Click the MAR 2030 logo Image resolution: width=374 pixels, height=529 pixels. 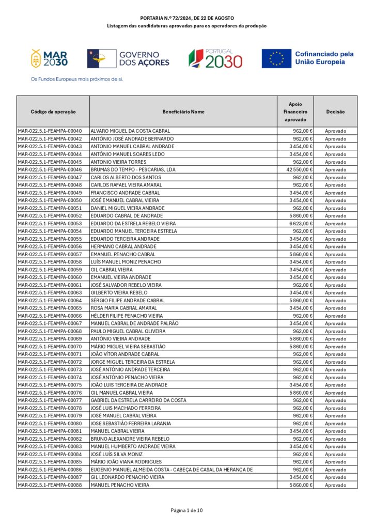pyautogui.click(x=50, y=59)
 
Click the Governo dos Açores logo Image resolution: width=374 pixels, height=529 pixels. pyautogui.click(x=128, y=58)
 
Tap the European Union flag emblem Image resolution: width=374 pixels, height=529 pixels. pyautogui.click(x=276, y=58)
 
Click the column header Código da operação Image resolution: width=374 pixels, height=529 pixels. pyautogui.click(x=53, y=112)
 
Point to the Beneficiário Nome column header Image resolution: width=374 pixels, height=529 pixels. pyautogui.click(x=183, y=112)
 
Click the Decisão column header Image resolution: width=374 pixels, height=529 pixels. pyautogui.click(x=335, y=112)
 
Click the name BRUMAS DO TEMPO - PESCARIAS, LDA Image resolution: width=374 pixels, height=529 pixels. pyautogui.click(x=133, y=169)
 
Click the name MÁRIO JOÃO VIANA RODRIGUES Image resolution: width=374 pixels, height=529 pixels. pyautogui.click(x=126, y=462)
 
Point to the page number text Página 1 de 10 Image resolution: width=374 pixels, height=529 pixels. pyautogui.click(x=187, y=510)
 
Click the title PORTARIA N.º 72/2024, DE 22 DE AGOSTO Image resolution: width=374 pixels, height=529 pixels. pyautogui.click(x=187, y=18)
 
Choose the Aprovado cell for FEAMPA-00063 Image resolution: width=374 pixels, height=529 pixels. pyautogui.click(x=335, y=292)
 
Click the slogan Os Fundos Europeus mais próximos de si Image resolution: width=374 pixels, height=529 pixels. pyautogui.click(x=77, y=80)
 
